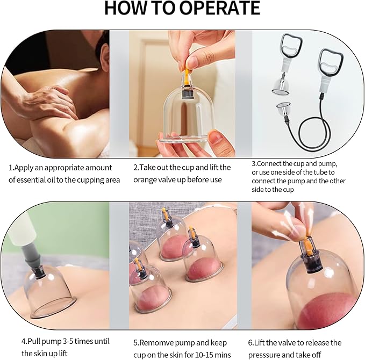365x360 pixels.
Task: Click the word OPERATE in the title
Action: point(219,8)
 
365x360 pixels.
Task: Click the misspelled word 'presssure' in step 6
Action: point(264,355)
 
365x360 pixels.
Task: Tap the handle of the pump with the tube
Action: point(331,61)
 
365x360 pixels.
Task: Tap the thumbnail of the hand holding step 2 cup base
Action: point(218,138)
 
